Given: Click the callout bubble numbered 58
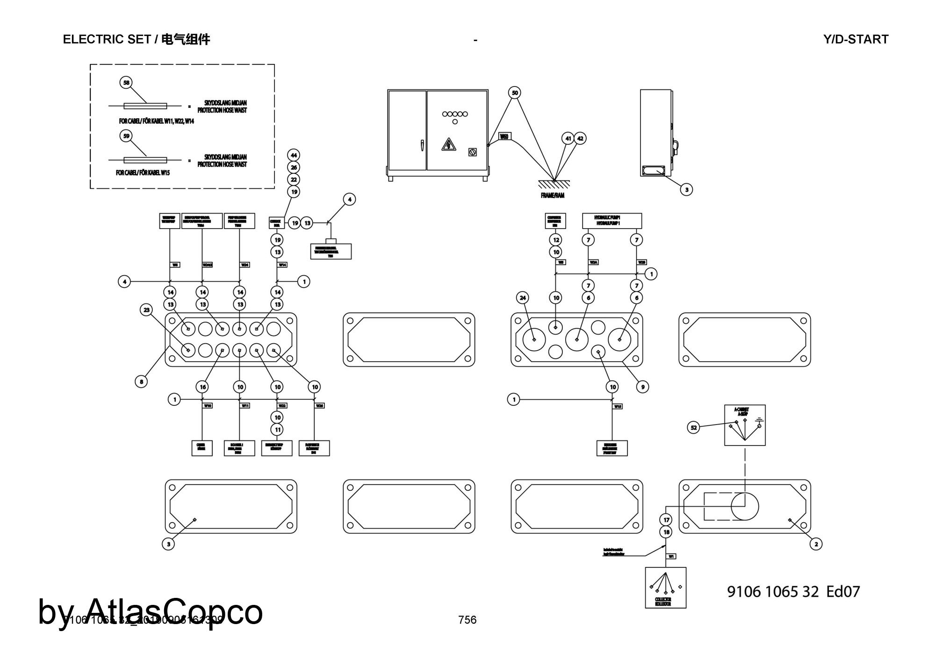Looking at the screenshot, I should pos(126,83).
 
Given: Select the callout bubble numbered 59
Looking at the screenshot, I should pos(126,136).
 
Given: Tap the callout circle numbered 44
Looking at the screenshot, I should pos(293,155).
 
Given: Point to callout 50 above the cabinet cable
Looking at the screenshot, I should pos(515,93).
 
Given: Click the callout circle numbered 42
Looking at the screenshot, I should pos(580,138).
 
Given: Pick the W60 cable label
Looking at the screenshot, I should pos(504,137).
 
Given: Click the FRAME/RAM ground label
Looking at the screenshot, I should pos(553,195).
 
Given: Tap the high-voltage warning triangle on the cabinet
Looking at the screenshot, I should pos(448,145).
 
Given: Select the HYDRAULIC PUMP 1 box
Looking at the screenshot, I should pos(611,221).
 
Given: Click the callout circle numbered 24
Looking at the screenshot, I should pos(523,297).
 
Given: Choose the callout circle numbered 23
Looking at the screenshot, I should pos(147,310).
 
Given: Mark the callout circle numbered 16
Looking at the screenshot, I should pos(202,387).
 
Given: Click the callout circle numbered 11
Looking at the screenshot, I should pos(278,430).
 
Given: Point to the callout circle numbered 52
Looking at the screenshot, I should pos(694,427).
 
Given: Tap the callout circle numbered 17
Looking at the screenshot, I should pos(667,520).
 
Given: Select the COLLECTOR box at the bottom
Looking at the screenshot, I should pos(665,587).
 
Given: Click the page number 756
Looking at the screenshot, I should pos(467,620).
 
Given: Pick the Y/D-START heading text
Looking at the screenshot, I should pos(856,40).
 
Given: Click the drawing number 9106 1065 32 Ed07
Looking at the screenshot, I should pos(793,592).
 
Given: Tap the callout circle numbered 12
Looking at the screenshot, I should pos(556,240).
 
